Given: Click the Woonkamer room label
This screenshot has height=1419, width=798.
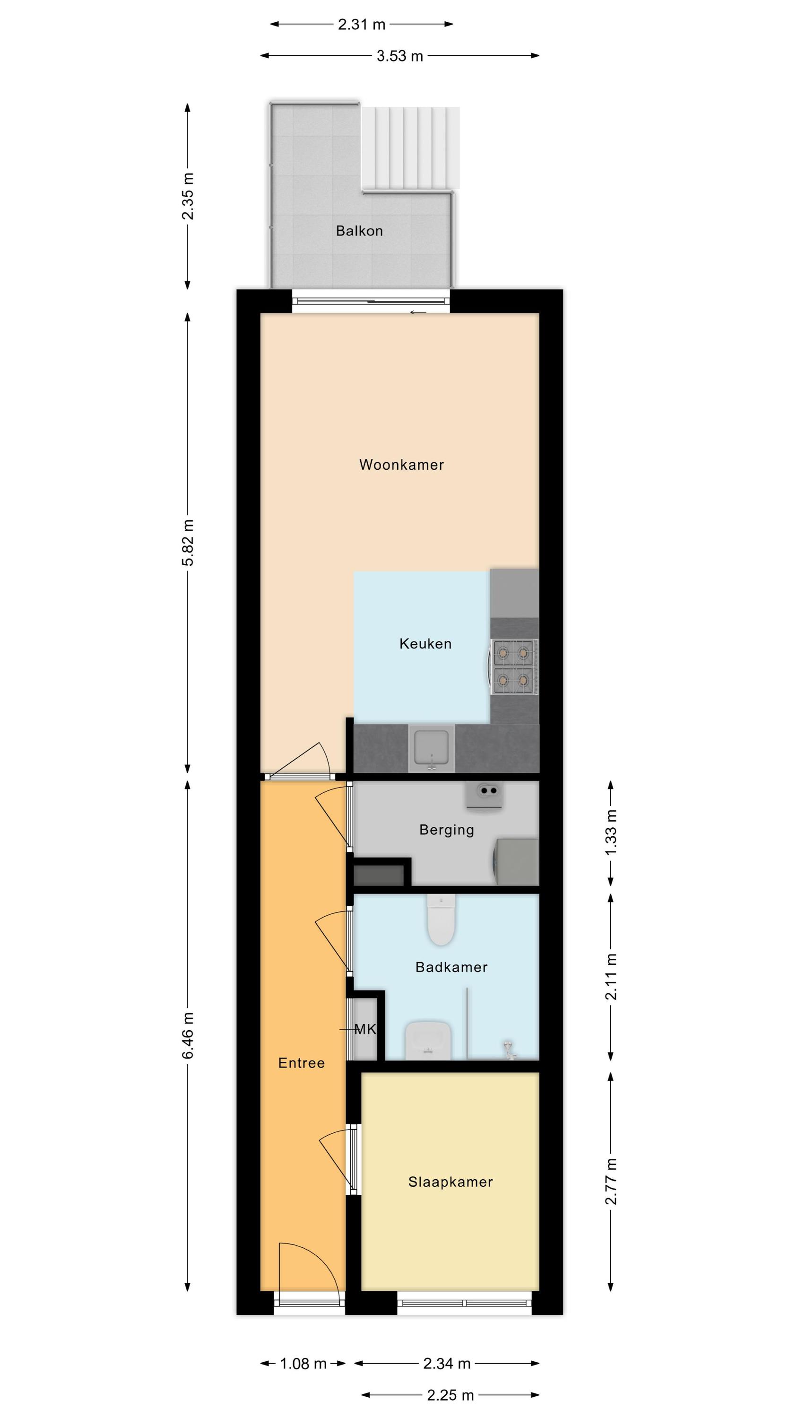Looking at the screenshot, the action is [401, 464].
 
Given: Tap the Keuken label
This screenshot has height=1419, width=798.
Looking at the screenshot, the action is [425, 643].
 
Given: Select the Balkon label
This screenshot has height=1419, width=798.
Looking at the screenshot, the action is [359, 230].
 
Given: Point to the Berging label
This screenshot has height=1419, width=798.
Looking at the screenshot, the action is [447, 830].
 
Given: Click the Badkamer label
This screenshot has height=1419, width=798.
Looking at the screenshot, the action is [451, 967].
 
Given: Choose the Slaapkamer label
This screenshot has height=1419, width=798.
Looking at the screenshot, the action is [451, 1182].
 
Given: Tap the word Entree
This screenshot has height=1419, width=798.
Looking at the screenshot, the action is [301, 1063].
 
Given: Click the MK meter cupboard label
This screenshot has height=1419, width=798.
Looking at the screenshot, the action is [365, 1029].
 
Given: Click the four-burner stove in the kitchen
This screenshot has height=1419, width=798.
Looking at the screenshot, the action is [514, 667].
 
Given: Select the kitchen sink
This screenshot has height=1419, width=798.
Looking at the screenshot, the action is [432, 749].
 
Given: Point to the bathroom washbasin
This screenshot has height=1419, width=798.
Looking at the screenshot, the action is [428, 1040].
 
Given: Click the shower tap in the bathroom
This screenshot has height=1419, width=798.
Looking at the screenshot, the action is [508, 1050].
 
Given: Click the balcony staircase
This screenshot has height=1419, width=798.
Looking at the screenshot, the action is [410, 148].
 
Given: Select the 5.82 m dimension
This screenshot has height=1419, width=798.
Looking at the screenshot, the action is [188, 543].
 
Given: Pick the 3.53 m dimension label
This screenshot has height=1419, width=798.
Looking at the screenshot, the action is [400, 56].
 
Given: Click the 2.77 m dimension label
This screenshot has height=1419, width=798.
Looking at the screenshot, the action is [611, 1181].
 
